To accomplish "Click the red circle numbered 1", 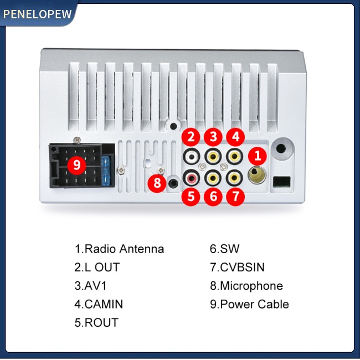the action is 258,156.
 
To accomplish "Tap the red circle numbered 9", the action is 76,165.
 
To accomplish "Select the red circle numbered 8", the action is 157,183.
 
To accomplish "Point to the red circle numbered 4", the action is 235,137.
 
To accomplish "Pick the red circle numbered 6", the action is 213,197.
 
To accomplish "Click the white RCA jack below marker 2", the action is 191,157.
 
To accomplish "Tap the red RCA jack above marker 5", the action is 191,177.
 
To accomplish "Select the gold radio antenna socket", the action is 257,174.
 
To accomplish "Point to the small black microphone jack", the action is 173,183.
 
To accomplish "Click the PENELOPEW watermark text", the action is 38,14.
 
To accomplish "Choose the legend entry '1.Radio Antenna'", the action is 119,249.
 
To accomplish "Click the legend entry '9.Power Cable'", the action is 249,304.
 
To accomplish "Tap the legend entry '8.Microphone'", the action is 246,286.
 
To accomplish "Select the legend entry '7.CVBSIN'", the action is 237,268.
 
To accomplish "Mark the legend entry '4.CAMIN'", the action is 99,304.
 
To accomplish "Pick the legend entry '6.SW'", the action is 224,249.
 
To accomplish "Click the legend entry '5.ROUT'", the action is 96,322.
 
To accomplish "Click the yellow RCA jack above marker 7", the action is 234,177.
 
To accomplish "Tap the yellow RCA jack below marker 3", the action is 213,157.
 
